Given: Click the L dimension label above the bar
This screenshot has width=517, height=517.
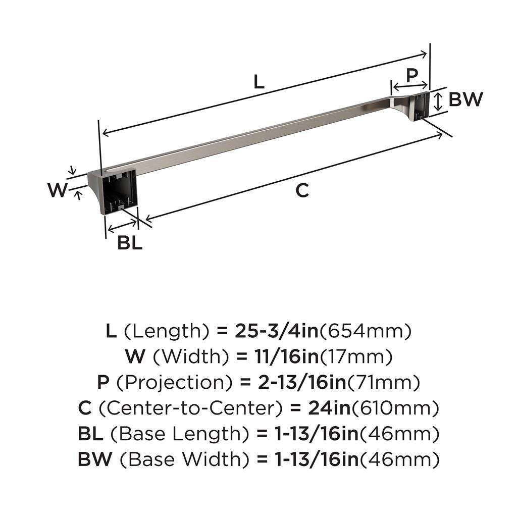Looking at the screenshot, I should coord(258,82).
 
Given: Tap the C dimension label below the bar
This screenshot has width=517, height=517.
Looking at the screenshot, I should coord(301,190).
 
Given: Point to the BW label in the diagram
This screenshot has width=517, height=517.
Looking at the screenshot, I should coord(466,99).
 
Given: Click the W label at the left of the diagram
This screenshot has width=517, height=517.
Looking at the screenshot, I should coord(58,190).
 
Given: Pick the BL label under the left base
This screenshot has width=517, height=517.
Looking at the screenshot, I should coord(130,243).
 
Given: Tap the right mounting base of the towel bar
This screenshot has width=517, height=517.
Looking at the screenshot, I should coord(419,106).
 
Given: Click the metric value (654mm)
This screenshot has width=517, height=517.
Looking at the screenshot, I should coord(366,331).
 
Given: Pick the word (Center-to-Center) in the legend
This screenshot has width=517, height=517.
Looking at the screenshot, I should coord(191,408).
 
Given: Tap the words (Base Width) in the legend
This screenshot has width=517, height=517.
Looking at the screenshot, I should coord(188,459).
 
